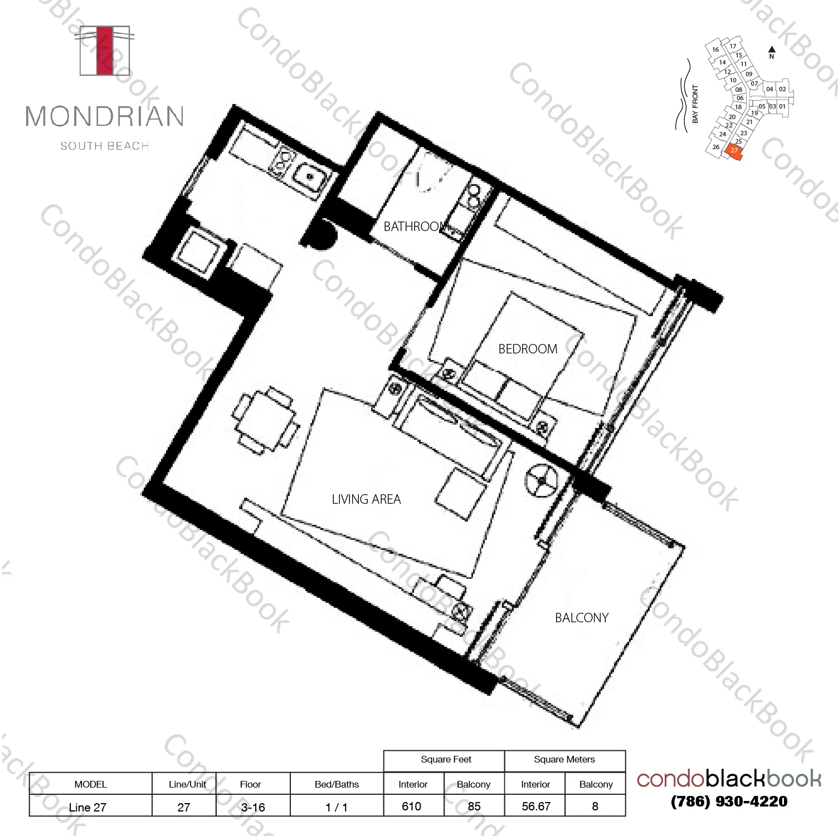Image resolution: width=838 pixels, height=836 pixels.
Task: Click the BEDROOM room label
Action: point(527,349)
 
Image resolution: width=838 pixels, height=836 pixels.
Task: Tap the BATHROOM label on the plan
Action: point(416,227)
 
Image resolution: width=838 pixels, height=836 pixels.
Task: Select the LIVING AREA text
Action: point(366,499)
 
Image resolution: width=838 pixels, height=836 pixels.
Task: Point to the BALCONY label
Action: point(581,618)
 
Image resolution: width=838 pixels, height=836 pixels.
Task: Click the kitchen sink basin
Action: point(308,177)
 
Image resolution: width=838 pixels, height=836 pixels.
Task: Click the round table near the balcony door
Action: point(541,480)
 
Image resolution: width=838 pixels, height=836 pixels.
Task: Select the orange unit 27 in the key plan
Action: point(734,151)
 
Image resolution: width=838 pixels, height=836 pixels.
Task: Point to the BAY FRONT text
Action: point(695,104)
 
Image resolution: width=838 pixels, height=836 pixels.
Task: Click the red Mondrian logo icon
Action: point(105,51)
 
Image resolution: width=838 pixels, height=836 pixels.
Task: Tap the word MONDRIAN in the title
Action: point(105,117)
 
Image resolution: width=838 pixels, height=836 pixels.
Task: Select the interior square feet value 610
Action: point(412,807)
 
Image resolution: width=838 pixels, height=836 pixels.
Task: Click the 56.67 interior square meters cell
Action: point(535,807)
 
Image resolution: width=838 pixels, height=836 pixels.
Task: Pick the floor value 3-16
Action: point(252,807)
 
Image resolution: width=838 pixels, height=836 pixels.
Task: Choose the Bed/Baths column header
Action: point(337,784)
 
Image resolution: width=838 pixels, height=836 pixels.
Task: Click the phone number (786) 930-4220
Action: point(729,801)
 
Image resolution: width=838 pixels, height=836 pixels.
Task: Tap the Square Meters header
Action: point(564,760)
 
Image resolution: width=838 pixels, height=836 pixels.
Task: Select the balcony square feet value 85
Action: point(474,807)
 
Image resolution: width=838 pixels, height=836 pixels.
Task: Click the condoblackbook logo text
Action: point(729,779)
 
